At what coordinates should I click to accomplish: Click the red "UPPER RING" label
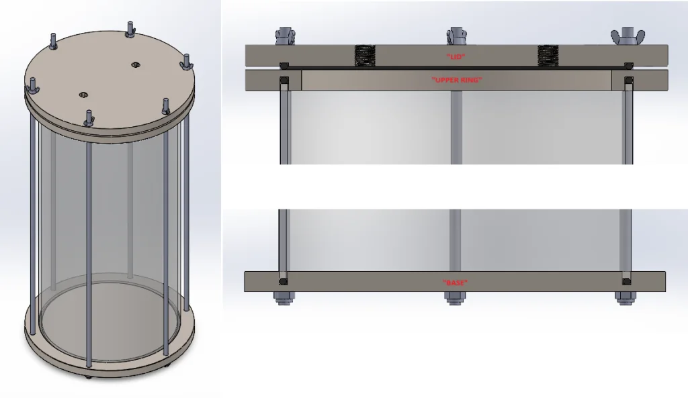click(x=456, y=80)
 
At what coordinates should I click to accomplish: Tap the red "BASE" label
click(x=456, y=283)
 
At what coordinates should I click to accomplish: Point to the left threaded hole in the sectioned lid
click(x=363, y=56)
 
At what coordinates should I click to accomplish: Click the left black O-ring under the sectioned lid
click(x=284, y=66)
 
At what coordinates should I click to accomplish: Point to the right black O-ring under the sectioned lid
click(x=628, y=66)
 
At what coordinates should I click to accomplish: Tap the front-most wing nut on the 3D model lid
click(x=89, y=118)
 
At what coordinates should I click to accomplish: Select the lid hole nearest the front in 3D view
click(x=83, y=95)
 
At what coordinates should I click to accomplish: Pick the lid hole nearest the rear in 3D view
click(x=135, y=64)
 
